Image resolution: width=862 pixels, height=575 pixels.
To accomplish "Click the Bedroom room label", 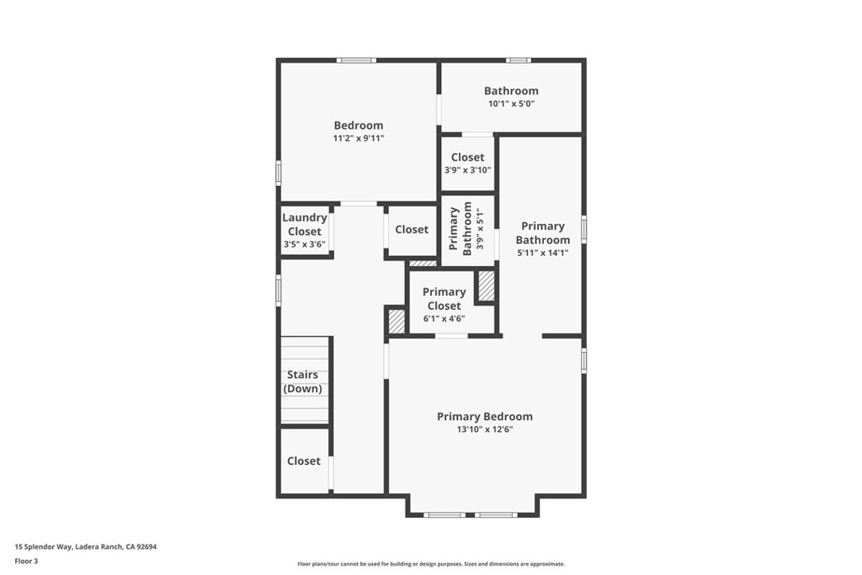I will [358, 125].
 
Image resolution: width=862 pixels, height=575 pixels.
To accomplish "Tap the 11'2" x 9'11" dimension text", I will [358, 138].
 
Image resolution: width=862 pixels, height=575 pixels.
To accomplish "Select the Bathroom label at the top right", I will [511, 91].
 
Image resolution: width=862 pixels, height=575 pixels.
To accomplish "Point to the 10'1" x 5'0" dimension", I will [511, 104].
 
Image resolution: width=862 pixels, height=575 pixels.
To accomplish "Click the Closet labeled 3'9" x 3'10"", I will [467, 157].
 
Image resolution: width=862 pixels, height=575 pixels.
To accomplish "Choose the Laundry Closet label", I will [304, 224].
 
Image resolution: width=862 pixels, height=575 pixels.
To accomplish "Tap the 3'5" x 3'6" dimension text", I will [304, 244].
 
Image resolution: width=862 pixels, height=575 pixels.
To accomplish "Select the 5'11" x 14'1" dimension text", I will [542, 253].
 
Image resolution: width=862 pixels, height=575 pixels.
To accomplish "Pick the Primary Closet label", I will [444, 299].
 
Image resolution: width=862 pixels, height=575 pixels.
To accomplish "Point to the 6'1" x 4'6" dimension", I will [444, 319].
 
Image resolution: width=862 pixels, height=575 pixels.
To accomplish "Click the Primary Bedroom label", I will [484, 417].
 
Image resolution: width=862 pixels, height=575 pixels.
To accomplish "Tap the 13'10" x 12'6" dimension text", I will [484, 429].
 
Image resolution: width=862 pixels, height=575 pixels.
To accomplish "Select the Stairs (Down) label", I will [304, 381].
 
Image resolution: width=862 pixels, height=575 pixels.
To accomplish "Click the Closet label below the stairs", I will [304, 461].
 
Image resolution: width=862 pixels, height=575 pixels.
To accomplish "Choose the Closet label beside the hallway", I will [412, 229].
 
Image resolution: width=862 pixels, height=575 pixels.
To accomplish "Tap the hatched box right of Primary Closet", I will [486, 285].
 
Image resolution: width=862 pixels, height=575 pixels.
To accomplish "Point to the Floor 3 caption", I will [26, 560].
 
